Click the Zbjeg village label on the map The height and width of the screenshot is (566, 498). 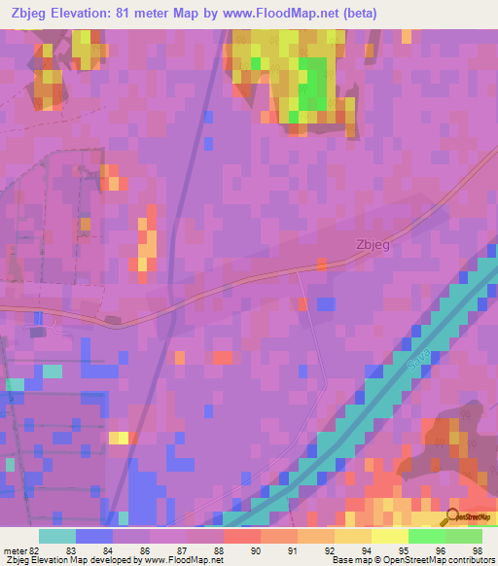coord(373,245)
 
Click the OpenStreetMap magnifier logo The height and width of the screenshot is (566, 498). coord(453,517)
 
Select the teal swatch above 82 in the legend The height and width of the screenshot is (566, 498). coord(57,536)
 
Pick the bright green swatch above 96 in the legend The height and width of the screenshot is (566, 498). coord(427,536)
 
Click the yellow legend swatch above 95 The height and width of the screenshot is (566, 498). coord(390,536)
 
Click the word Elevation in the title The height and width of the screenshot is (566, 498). coord(81,13)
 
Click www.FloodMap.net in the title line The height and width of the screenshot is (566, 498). coord(278,13)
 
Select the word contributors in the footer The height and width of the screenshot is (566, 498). coord(470,560)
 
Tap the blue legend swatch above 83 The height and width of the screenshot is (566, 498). coord(94,536)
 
